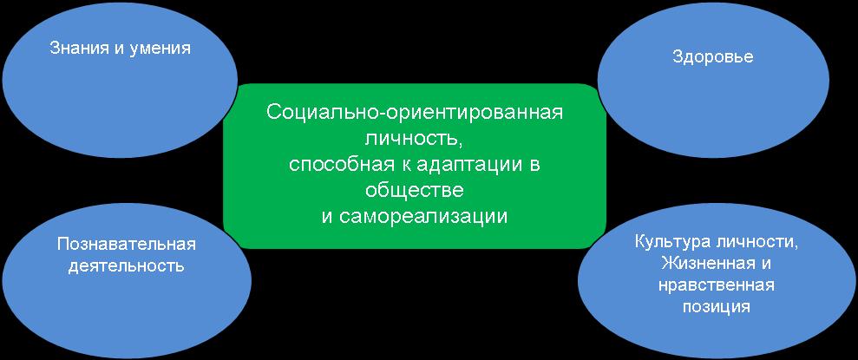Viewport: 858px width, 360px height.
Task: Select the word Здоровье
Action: pyautogui.click(x=713, y=58)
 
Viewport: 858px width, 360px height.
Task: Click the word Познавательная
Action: pyautogui.click(x=127, y=244)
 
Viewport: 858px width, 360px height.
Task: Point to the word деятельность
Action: pyautogui.click(x=127, y=266)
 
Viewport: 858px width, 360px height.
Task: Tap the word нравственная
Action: pyautogui.click(x=716, y=285)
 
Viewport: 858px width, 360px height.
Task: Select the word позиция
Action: pyautogui.click(x=716, y=307)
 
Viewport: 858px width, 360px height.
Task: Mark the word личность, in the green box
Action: pyautogui.click(x=414, y=140)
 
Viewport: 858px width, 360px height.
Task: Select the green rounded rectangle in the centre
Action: pyautogui.click(x=415, y=167)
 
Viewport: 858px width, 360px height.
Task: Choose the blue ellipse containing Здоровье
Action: pyautogui.click(x=713, y=81)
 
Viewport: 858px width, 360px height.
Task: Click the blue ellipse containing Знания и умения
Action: pyautogui.click(x=120, y=79)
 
